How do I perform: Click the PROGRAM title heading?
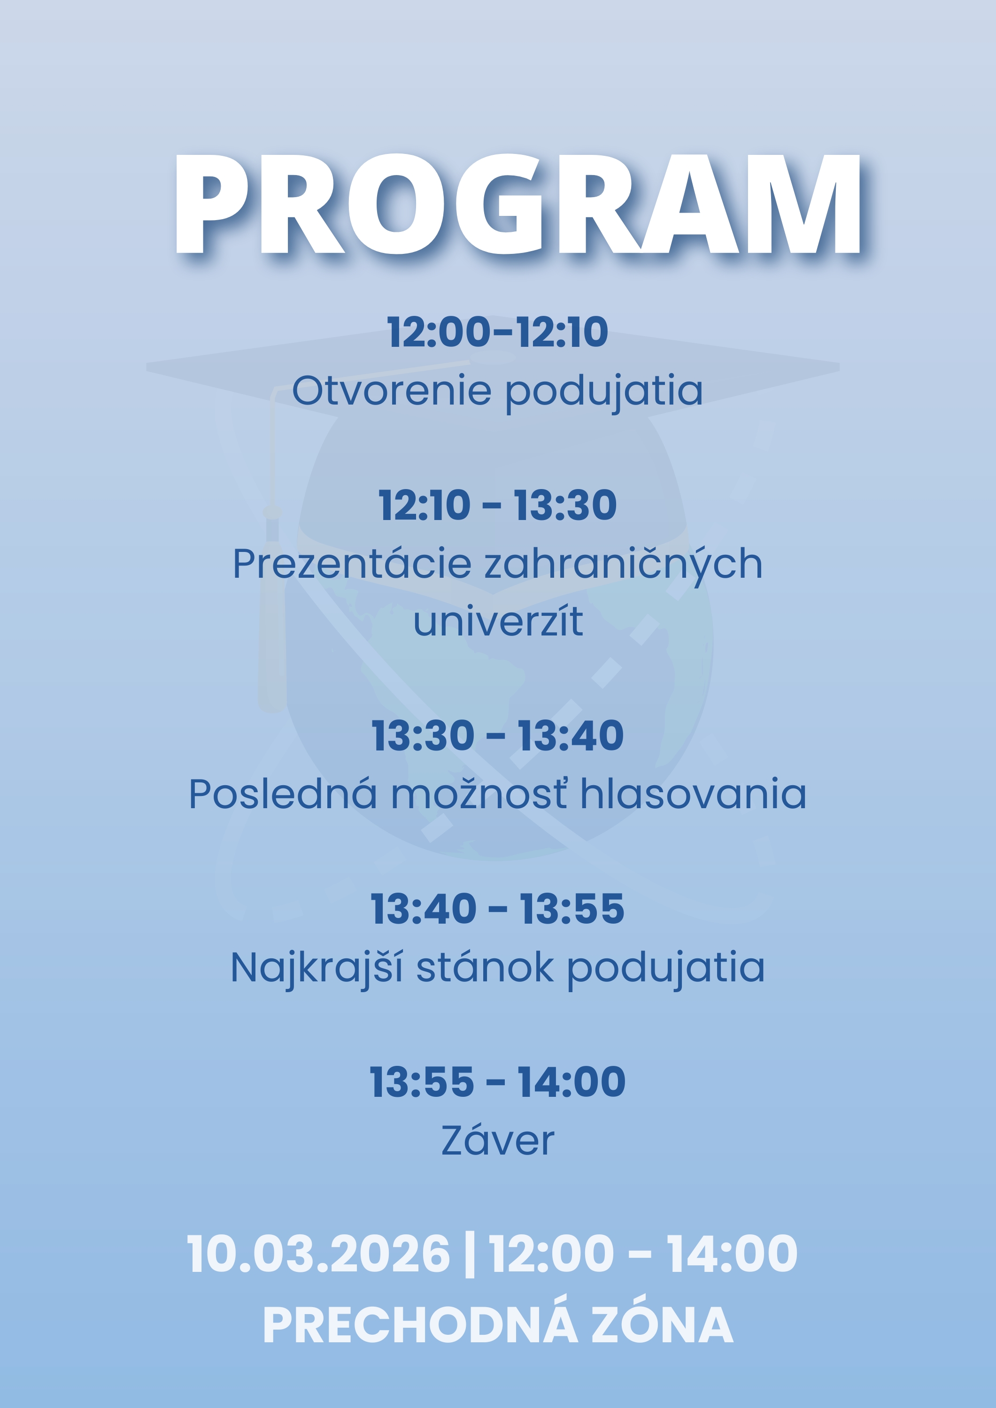click(517, 204)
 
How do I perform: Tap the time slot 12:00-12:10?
click(497, 332)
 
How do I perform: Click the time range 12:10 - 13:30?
click(497, 506)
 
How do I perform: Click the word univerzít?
click(498, 622)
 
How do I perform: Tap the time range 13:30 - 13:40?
click(497, 736)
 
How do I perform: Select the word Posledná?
click(282, 794)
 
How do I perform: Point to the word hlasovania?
click(693, 794)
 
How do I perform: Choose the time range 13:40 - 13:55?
click(497, 909)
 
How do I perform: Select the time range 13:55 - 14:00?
click(497, 1082)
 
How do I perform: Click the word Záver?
click(498, 1140)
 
